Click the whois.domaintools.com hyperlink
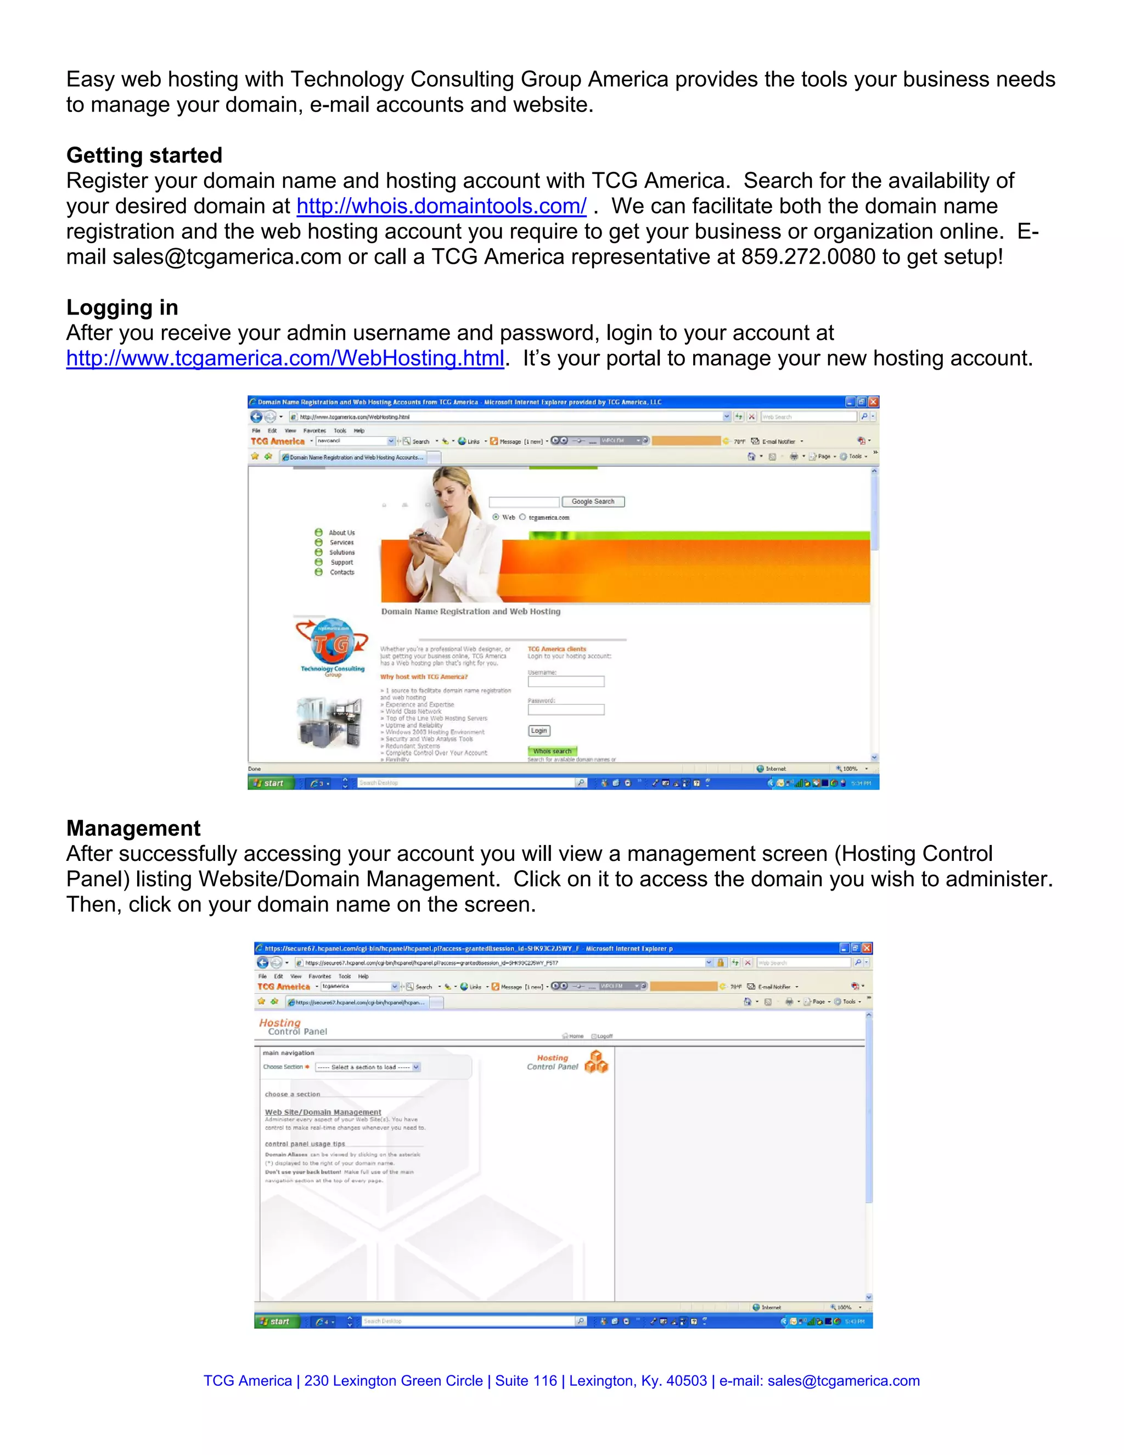(x=441, y=206)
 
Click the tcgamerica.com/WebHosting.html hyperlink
(x=284, y=359)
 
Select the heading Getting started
(x=144, y=155)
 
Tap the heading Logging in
(x=122, y=308)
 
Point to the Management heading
(x=133, y=828)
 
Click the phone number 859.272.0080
(x=808, y=257)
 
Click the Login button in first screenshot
(x=539, y=731)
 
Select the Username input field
(x=565, y=681)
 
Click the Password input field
(x=565, y=710)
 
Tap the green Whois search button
(x=552, y=751)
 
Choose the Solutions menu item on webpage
(x=341, y=552)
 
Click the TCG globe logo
(x=332, y=642)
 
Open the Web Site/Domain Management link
(x=323, y=1112)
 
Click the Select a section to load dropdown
(x=368, y=1067)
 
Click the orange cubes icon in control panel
(x=596, y=1062)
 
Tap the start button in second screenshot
(x=274, y=1321)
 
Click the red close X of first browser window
(x=873, y=402)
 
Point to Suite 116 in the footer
(x=526, y=1381)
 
